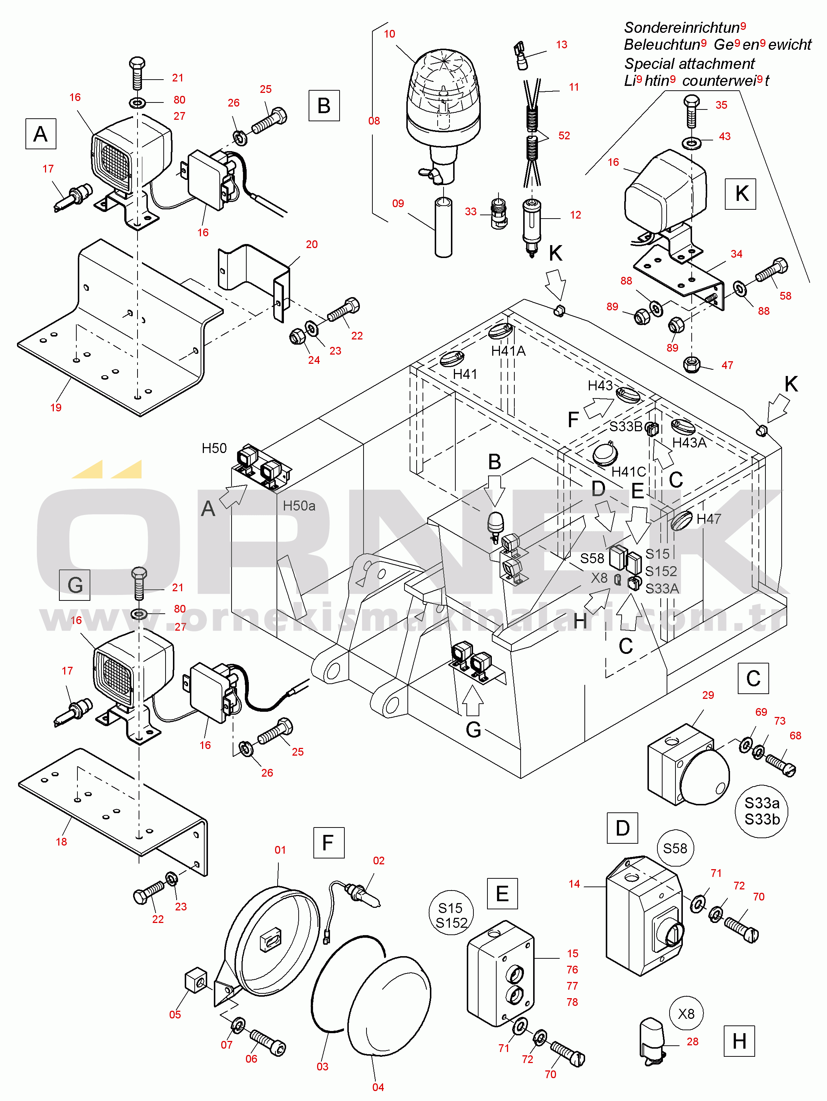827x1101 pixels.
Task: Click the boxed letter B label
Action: click(324, 105)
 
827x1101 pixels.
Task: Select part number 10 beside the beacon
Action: click(389, 34)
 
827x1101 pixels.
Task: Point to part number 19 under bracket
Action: click(56, 407)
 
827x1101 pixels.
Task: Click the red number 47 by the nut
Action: click(727, 365)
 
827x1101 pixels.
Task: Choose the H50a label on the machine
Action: click(299, 506)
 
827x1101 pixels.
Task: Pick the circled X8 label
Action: click(686, 1013)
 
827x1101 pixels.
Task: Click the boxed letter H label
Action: click(739, 1041)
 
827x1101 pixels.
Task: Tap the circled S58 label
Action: click(675, 848)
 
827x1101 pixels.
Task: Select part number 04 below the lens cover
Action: click(378, 1087)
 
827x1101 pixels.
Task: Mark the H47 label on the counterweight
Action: click(709, 519)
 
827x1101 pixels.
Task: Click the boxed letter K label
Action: click(741, 194)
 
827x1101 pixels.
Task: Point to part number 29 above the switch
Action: click(708, 695)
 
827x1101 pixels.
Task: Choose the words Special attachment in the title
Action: click(689, 64)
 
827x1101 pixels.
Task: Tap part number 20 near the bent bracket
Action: click(312, 244)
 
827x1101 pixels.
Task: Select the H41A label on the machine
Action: click(508, 351)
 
